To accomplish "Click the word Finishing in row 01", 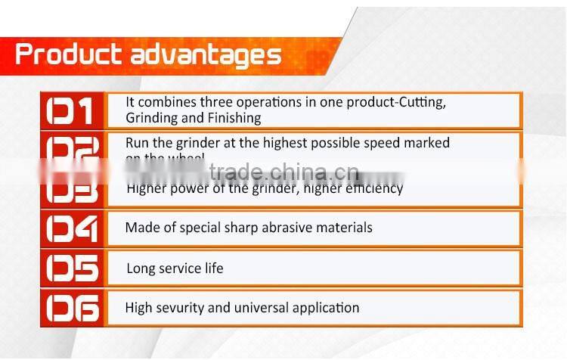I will (x=234, y=118).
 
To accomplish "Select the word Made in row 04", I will (x=141, y=227).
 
